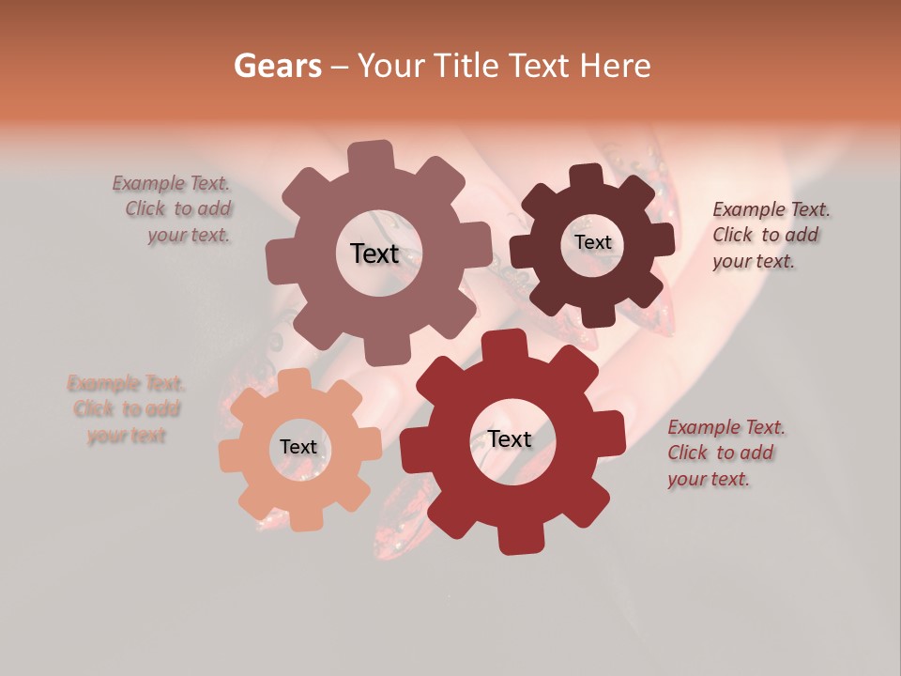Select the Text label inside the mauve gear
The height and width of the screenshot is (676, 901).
click(x=374, y=253)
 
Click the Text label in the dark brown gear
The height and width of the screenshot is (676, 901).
click(x=592, y=242)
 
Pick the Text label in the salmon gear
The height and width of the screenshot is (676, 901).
click(x=298, y=448)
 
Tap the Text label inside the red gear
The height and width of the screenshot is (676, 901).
click(x=510, y=439)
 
